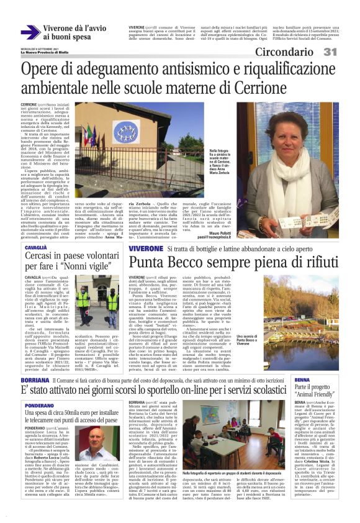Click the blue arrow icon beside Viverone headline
tap(29, 32)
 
